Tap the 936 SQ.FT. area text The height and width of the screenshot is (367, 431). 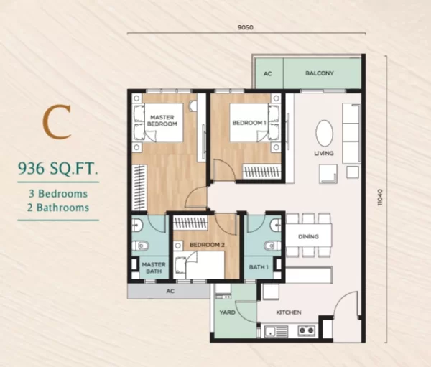click(x=58, y=169)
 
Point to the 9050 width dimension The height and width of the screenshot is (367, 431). click(x=246, y=27)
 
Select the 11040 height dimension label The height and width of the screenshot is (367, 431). click(x=380, y=197)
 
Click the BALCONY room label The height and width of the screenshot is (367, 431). click(x=320, y=73)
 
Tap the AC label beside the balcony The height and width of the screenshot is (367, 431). click(x=268, y=74)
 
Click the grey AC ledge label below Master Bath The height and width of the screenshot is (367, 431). click(x=170, y=291)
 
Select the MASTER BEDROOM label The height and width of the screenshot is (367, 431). click(x=162, y=121)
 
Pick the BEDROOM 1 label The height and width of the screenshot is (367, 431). click(x=249, y=123)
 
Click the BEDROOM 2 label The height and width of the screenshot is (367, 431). click(x=208, y=245)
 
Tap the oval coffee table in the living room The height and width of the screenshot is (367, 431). click(x=325, y=133)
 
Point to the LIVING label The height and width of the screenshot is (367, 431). click(x=324, y=153)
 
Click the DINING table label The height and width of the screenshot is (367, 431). click(x=308, y=236)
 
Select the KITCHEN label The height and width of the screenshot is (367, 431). click(x=289, y=312)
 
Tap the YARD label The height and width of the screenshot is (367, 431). click(x=227, y=312)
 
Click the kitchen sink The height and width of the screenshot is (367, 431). click(x=277, y=331)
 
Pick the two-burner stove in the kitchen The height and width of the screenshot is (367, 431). click(x=307, y=330)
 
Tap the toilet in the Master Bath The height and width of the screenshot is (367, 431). click(x=141, y=246)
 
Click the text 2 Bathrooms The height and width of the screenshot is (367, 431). click(x=58, y=208)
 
